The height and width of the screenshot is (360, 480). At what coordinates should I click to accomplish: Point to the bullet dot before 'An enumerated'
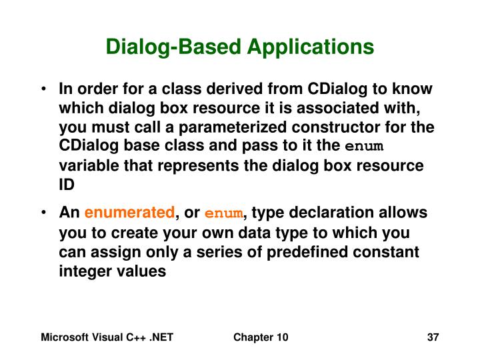click(43, 213)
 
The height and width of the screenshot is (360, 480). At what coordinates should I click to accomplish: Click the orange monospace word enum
click(225, 214)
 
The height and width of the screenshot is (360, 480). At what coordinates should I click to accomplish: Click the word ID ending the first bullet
click(67, 184)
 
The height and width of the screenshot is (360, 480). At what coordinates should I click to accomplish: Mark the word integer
click(83, 271)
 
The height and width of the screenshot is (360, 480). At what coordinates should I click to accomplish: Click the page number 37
click(433, 338)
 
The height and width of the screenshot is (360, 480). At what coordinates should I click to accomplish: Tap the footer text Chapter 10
click(261, 338)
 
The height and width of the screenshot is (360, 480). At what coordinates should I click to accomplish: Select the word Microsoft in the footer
click(64, 338)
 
